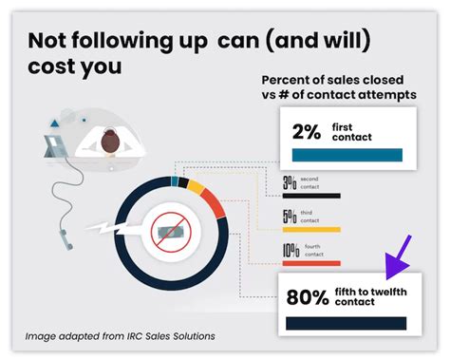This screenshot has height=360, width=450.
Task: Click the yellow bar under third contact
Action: (x=310, y=229)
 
